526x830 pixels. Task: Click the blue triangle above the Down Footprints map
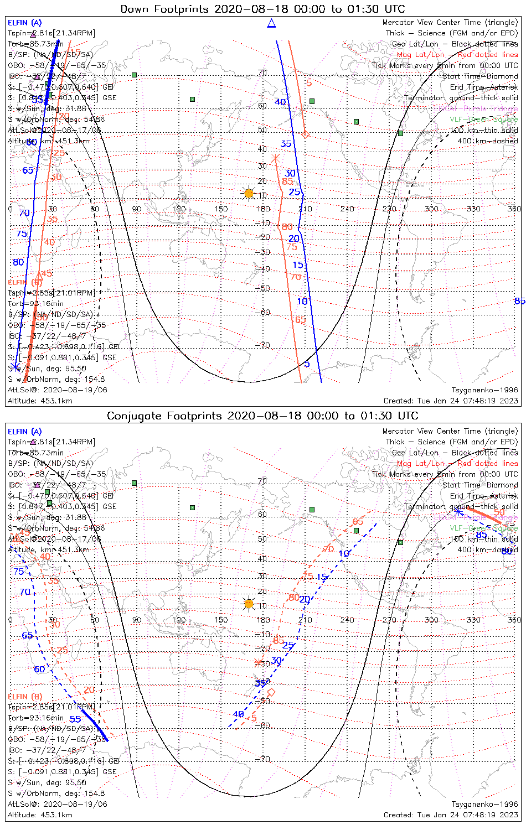[271, 23]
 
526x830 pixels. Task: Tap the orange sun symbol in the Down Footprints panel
[249, 193]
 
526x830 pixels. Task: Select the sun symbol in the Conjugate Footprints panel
[249, 603]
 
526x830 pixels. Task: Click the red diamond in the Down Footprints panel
[305, 134]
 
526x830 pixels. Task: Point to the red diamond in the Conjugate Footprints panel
[271, 692]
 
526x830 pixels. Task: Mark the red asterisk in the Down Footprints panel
[276, 159]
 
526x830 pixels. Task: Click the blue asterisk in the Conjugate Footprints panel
[458, 513]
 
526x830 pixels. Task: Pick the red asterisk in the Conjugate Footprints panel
[258, 662]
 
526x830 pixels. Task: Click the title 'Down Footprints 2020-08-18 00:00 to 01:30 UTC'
[262, 9]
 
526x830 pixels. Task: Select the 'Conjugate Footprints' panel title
[262, 416]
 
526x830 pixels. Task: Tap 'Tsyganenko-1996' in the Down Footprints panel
[484, 390]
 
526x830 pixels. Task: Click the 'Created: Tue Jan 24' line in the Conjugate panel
[451, 815]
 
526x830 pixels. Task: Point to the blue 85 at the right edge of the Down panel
[519, 302]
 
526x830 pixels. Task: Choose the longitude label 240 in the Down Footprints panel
[347, 209]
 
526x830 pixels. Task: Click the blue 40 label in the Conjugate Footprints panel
[238, 714]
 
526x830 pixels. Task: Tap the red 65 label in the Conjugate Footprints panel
[358, 522]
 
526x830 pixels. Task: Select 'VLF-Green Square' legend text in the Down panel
[483, 120]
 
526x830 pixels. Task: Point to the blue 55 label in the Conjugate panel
[75, 719]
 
